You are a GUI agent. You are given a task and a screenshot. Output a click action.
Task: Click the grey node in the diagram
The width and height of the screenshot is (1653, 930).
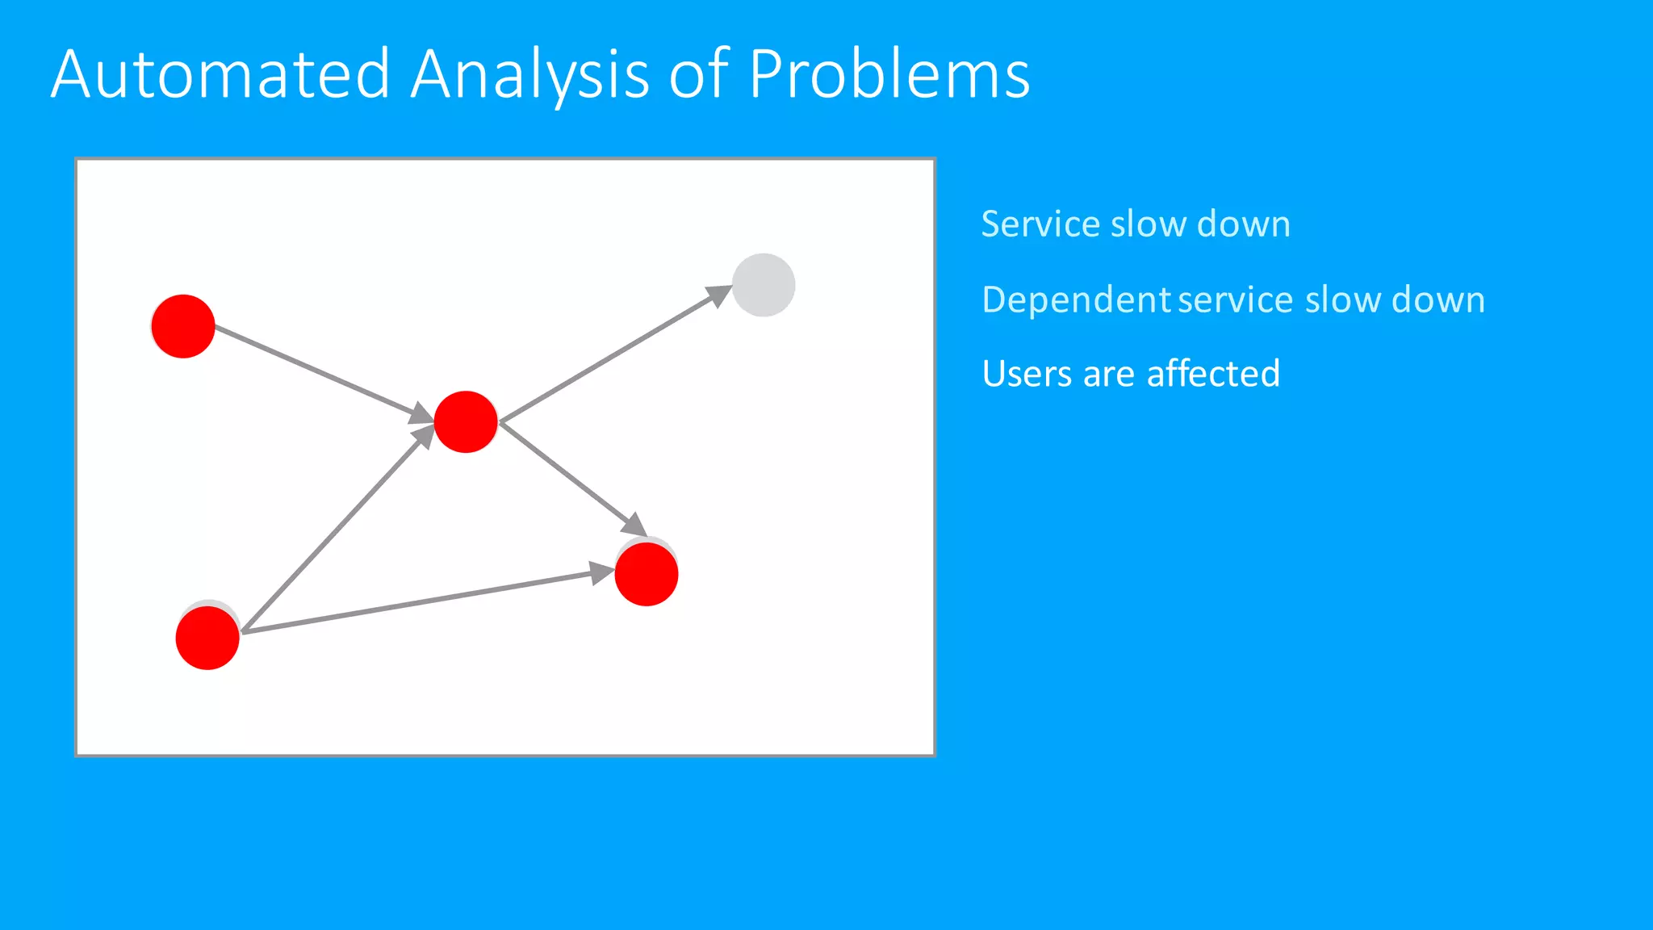pos(764,285)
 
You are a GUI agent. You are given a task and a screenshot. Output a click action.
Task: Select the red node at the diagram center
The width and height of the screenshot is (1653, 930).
pos(466,421)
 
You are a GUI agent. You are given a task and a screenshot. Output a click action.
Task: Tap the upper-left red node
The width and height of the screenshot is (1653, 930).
pos(183,326)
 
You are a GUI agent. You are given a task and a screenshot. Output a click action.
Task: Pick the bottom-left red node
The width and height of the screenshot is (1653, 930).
pos(207,638)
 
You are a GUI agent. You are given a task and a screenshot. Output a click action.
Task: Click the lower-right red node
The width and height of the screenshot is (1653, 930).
pos(646,574)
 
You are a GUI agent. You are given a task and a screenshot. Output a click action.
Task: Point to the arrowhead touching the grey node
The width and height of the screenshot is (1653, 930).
pos(718,295)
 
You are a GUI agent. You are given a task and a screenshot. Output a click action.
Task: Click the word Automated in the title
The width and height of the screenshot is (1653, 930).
pos(220,74)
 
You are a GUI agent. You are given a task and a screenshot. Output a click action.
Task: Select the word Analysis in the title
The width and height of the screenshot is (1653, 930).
pos(529,74)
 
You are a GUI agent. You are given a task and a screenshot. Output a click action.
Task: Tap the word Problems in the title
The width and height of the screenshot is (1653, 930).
pos(889,74)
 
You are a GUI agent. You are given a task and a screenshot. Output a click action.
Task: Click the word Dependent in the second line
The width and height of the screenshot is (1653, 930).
pos(1076,300)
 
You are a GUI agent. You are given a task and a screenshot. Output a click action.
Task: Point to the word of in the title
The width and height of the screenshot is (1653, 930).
pos(699,74)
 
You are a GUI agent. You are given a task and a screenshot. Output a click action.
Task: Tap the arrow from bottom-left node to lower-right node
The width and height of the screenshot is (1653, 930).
pos(420,601)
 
